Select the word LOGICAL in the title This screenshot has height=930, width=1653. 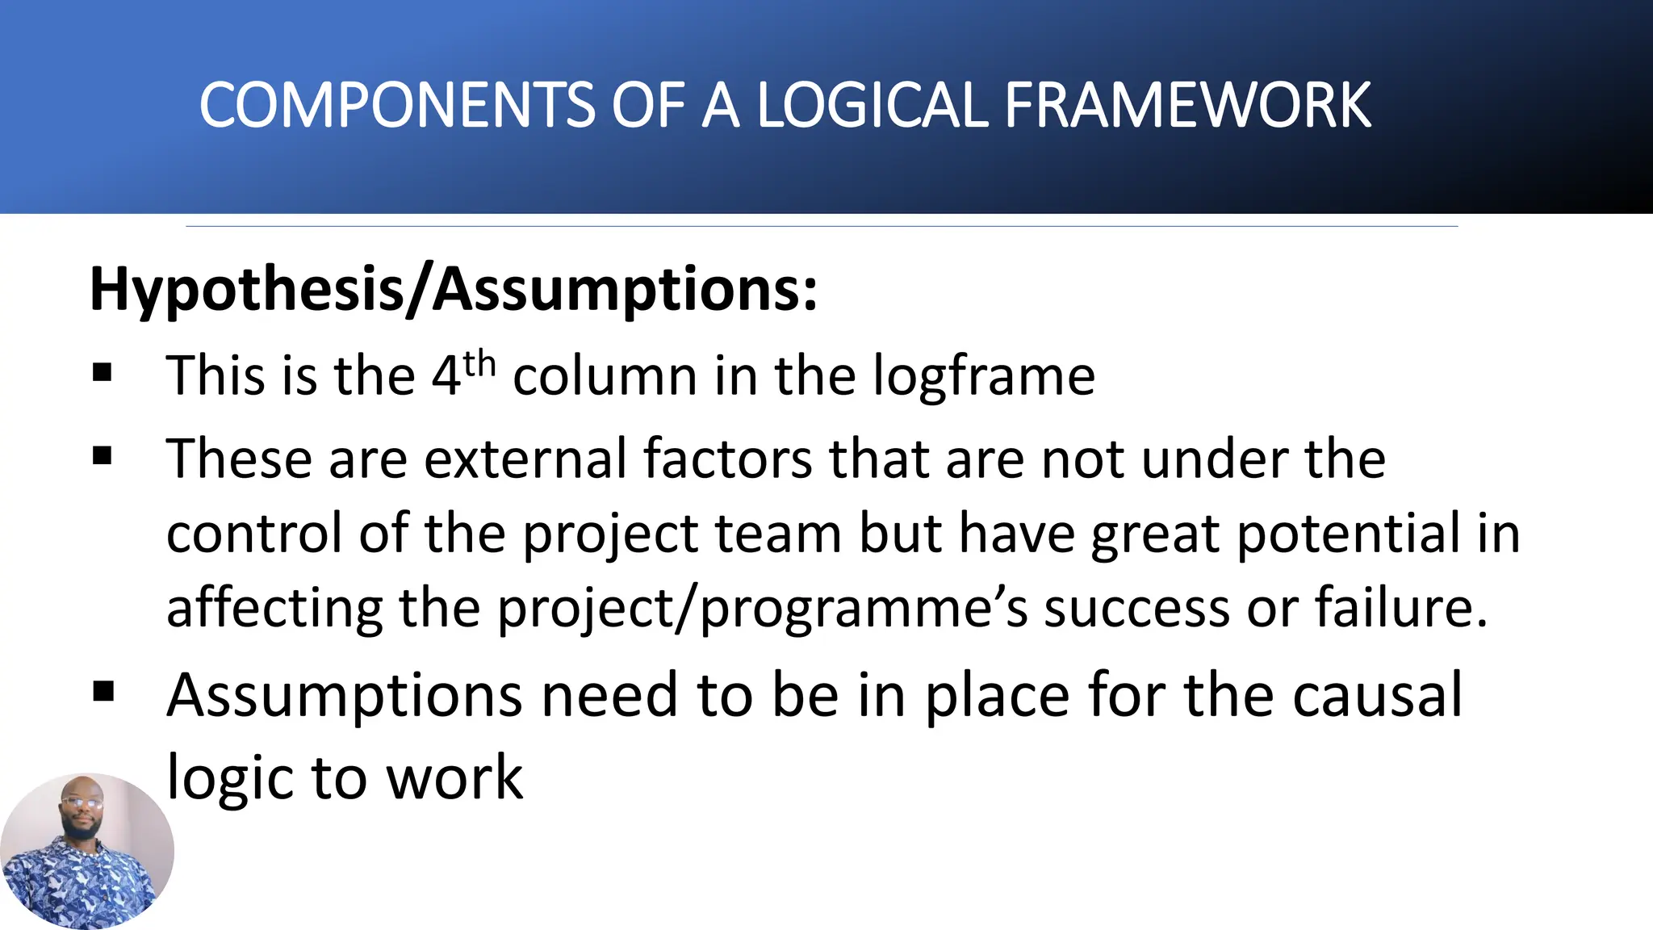click(x=872, y=106)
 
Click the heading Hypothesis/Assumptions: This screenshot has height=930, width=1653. click(x=454, y=289)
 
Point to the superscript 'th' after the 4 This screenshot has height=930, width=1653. click(x=479, y=364)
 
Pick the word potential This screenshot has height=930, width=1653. click(x=1348, y=534)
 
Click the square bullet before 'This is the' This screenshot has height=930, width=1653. click(x=103, y=372)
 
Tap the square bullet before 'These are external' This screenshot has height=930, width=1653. click(x=103, y=457)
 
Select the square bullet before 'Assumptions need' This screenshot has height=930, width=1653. click(x=103, y=693)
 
